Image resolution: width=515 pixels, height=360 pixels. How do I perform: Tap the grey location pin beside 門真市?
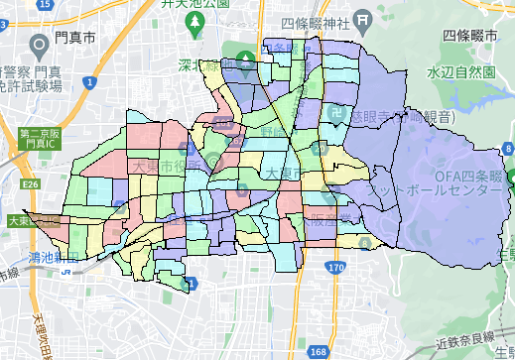coord(41,45)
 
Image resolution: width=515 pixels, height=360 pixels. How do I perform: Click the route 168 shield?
coord(318,352)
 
